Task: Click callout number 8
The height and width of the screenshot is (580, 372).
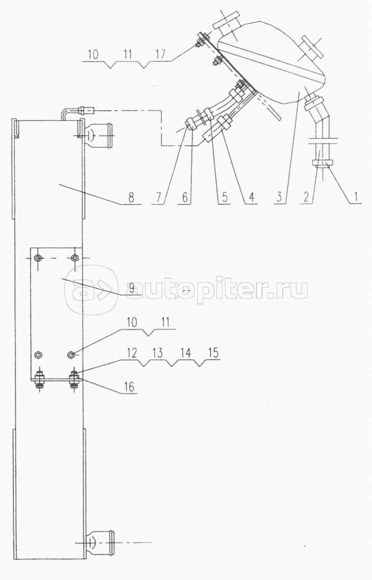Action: [131, 197]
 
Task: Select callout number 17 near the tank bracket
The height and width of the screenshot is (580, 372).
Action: [160, 54]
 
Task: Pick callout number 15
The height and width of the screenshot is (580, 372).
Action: [213, 353]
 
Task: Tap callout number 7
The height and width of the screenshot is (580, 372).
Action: [159, 197]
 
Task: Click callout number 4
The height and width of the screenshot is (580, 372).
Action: [251, 197]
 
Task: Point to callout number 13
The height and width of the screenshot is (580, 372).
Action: [158, 353]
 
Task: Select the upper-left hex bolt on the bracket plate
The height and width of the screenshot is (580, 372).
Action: [38, 257]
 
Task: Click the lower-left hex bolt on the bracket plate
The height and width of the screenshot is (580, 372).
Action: [38, 355]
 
